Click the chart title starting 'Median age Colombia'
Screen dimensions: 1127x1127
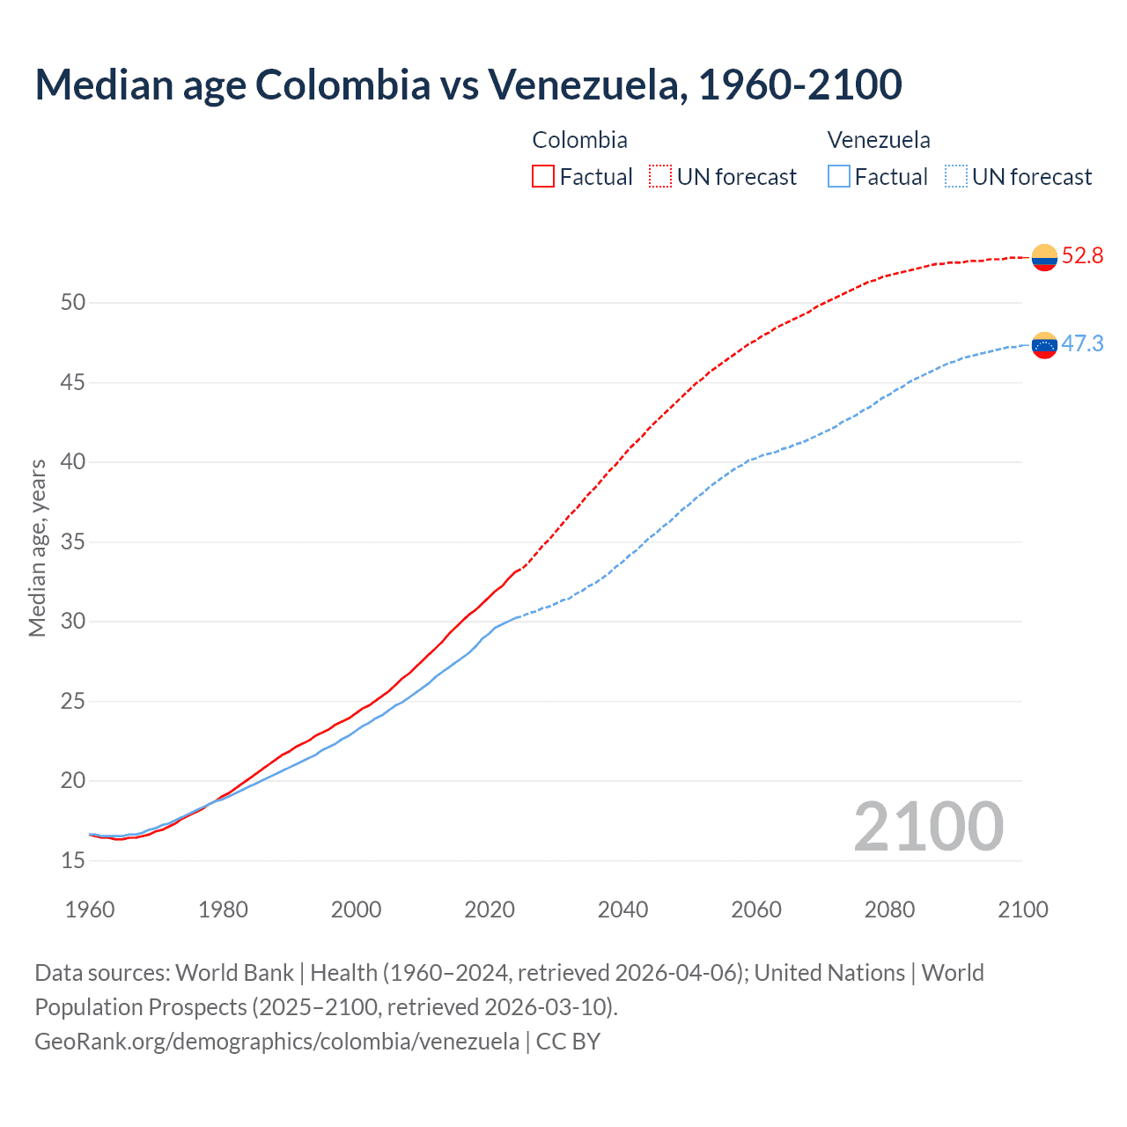coord(468,85)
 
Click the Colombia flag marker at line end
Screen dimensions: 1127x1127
coord(1044,257)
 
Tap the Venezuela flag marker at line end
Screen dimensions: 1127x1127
coord(1044,345)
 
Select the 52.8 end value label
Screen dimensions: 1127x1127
coord(1082,256)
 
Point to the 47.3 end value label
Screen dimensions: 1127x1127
coord(1082,343)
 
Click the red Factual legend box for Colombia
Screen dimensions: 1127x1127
coord(543,177)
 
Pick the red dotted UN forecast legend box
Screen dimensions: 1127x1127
coord(660,177)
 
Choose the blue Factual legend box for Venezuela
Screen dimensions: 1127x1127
coord(839,177)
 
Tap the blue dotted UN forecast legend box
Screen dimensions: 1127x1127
coord(955,177)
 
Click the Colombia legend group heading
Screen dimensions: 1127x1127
coord(579,140)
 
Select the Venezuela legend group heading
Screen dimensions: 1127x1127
coord(878,140)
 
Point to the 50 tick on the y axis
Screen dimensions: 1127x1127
coord(73,303)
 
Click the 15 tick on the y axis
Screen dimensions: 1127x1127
coord(73,860)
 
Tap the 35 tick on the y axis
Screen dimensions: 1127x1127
coord(73,541)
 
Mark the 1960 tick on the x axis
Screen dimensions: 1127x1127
coord(90,910)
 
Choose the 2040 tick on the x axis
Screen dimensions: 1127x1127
coord(622,910)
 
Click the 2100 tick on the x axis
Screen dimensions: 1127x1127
coord(1022,910)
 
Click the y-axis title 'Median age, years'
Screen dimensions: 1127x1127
coord(37,548)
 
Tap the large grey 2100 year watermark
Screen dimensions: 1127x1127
coord(928,827)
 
